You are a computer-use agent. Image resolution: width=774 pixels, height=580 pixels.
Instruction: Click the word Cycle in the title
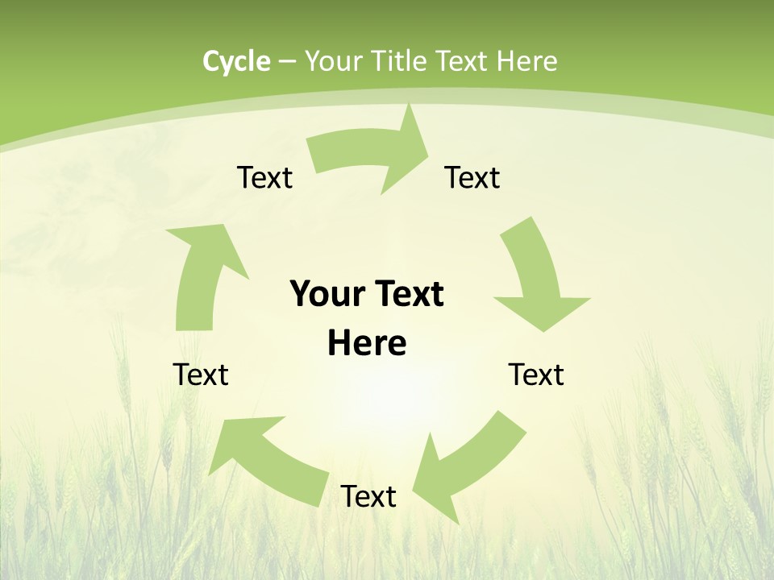pyautogui.click(x=236, y=61)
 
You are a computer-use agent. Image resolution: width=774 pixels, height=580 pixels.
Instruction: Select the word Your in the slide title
pyautogui.click(x=334, y=61)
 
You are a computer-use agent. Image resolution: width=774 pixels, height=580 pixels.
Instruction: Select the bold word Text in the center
pyautogui.click(x=408, y=294)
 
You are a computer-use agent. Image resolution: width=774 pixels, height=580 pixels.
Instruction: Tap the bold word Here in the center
pyautogui.click(x=367, y=343)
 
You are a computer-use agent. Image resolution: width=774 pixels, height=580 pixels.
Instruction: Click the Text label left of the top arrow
pyautogui.click(x=264, y=177)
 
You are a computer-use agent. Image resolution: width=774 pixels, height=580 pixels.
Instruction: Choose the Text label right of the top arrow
pyautogui.click(x=472, y=177)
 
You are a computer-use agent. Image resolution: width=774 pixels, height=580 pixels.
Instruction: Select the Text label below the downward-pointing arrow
pyautogui.click(x=536, y=375)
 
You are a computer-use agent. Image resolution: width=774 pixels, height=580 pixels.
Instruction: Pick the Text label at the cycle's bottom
pyautogui.click(x=368, y=496)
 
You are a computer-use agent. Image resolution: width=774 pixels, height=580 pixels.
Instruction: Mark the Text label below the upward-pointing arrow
pyautogui.click(x=201, y=375)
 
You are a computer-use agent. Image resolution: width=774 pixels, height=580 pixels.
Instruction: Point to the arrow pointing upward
pyautogui.click(x=202, y=274)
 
